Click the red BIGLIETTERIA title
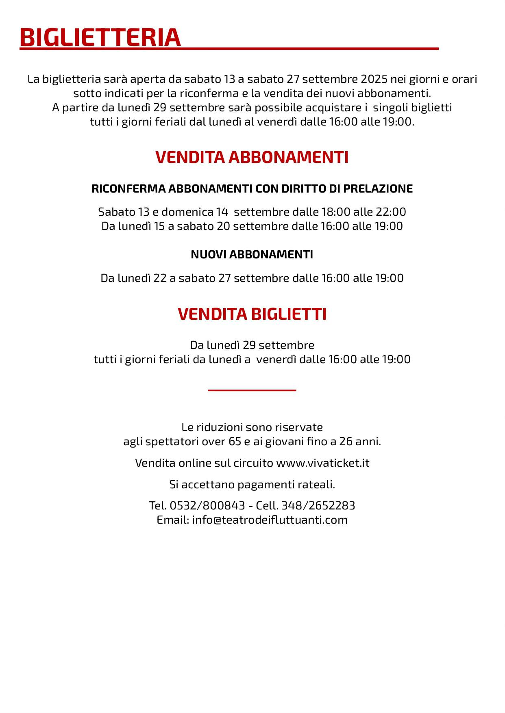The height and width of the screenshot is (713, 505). [100, 38]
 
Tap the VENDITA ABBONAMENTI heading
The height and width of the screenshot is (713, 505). [252, 157]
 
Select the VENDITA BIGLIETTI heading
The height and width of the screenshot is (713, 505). [252, 314]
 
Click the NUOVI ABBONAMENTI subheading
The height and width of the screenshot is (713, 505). [252, 255]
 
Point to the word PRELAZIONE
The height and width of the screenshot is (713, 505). [378, 189]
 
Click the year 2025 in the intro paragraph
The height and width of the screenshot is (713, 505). [374, 79]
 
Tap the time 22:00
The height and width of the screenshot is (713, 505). [392, 212]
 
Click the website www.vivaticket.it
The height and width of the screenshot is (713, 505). [323, 463]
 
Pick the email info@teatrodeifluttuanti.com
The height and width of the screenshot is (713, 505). [270, 520]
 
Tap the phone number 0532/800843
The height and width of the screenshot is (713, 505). [207, 506]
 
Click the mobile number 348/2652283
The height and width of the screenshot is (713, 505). [318, 506]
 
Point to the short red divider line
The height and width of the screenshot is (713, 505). [252, 390]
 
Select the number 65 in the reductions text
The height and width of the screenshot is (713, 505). [235, 442]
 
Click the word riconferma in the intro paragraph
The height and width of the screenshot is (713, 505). [209, 93]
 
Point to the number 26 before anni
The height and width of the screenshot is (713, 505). [346, 442]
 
